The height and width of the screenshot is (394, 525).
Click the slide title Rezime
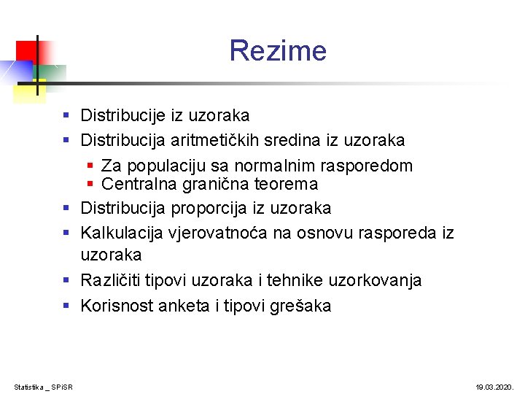278,51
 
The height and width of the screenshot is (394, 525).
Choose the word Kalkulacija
121,233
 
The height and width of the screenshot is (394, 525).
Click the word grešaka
303,306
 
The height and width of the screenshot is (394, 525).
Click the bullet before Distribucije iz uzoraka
66,115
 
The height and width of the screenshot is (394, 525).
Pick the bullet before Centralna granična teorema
91,184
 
